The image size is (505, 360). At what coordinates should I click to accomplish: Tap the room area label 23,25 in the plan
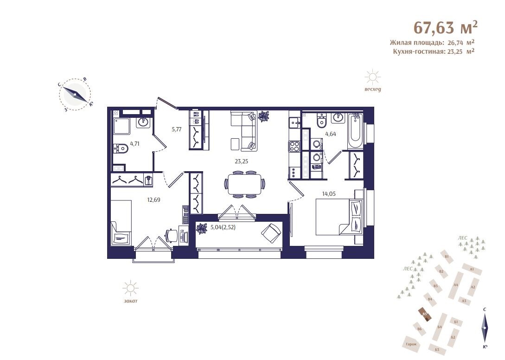[241, 161]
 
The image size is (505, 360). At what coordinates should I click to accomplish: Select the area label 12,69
[153, 200]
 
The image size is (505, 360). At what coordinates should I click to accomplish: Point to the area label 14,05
[329, 194]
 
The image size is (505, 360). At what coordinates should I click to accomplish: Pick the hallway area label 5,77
[177, 129]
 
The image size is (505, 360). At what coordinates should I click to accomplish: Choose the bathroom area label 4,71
[134, 144]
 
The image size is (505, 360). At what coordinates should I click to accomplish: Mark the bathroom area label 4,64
[331, 134]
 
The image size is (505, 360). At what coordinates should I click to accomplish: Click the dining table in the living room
[244, 184]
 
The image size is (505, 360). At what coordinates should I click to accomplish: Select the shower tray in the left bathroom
[122, 126]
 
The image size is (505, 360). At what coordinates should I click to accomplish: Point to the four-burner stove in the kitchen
[294, 146]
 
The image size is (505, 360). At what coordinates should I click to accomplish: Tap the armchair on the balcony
[271, 233]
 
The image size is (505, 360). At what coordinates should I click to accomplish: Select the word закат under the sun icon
[130, 301]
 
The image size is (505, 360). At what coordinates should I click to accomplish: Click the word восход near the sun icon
[373, 89]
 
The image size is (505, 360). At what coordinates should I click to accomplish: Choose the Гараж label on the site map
[411, 344]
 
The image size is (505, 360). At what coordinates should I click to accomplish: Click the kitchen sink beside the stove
[294, 122]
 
